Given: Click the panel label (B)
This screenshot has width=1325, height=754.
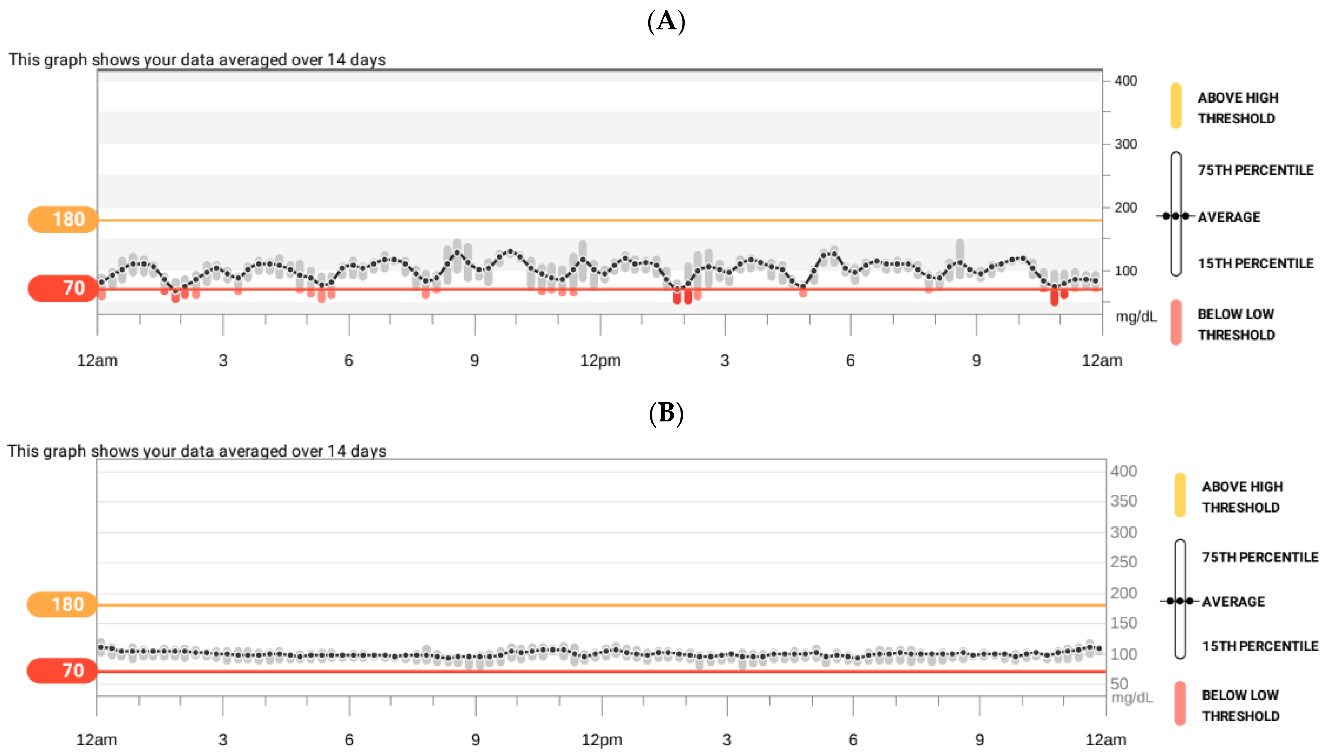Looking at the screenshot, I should [666, 413].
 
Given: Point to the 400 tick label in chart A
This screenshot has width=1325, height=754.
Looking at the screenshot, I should [1125, 81].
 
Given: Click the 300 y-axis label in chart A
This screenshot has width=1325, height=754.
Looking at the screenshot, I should [1125, 144].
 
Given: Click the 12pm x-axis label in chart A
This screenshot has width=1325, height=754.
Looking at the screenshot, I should [600, 360].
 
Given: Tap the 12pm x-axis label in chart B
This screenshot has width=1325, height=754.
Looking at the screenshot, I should [601, 739].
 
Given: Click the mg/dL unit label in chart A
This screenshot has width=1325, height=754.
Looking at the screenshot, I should [1135, 316].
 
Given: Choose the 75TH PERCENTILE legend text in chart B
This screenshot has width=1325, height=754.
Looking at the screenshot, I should [1260, 557].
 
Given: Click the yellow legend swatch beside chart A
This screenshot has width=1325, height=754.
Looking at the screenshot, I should [1176, 106].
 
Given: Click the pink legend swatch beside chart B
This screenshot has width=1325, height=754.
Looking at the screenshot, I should [1180, 703].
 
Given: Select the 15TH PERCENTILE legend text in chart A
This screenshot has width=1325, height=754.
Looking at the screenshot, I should [1255, 264].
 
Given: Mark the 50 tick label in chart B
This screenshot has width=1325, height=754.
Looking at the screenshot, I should [1119, 684].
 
